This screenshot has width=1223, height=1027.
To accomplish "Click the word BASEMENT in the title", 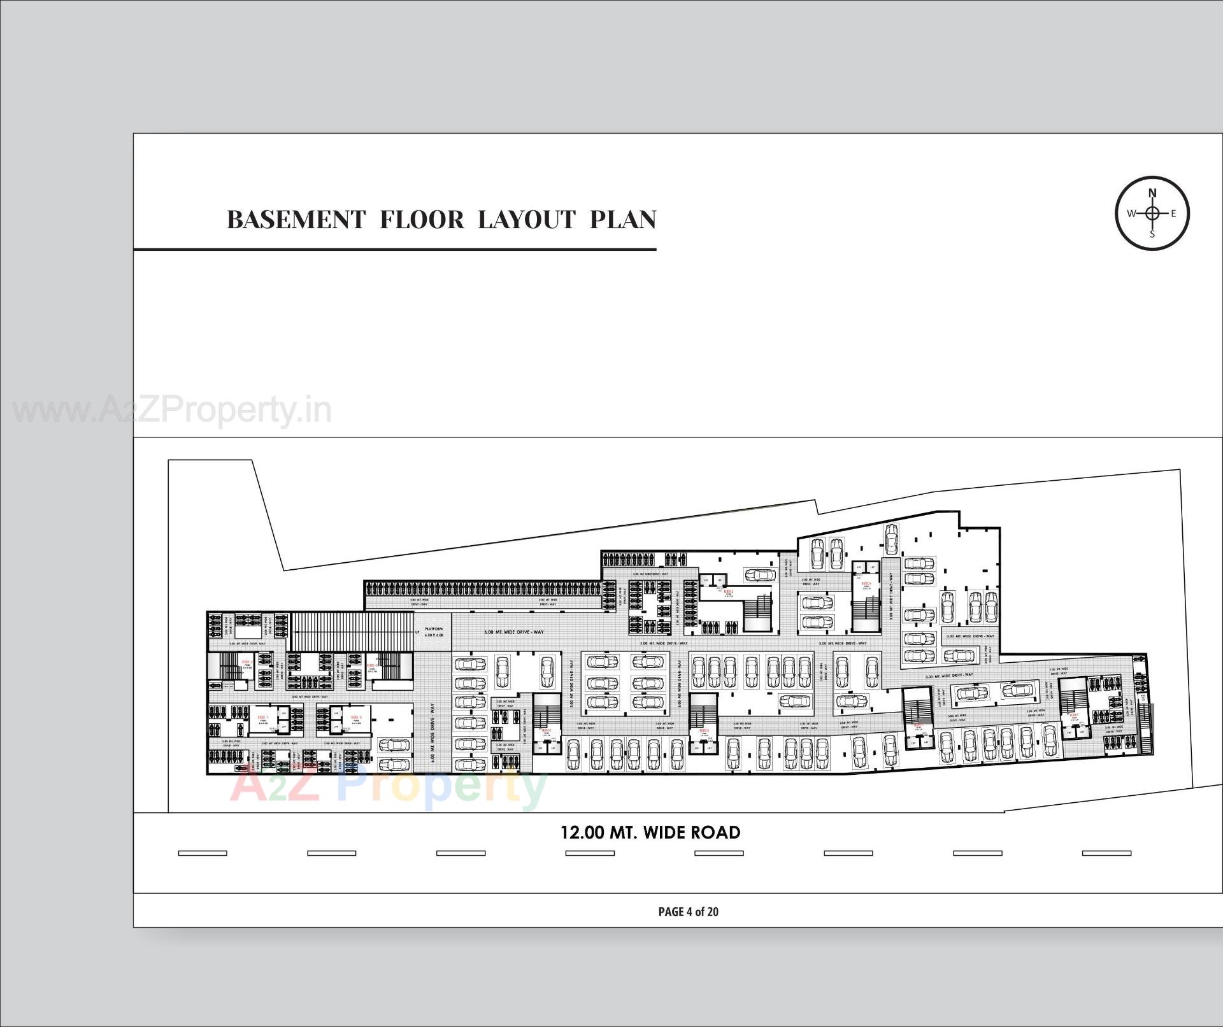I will [296, 220].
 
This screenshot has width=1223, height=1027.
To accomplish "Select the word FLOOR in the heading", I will [422, 220].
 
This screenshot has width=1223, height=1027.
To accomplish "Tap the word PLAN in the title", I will [622, 220].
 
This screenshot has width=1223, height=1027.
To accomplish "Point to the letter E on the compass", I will [1173, 213].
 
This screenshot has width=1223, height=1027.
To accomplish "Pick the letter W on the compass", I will [1131, 213].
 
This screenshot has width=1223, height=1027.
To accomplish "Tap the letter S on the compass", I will [1152, 234].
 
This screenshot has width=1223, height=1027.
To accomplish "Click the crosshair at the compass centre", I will [1152, 213].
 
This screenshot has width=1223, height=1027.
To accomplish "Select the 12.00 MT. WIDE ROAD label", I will [650, 833].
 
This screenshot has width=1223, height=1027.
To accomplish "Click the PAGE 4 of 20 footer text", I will [688, 912].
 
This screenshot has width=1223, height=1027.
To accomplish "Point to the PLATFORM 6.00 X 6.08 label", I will [434, 632].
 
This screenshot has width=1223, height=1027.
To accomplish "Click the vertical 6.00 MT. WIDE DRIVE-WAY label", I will [433, 733].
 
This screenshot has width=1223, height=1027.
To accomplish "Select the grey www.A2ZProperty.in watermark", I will [172, 411].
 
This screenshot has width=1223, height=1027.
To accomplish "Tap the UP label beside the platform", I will [417, 632].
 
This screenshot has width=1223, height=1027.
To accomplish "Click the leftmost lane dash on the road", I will [203, 853].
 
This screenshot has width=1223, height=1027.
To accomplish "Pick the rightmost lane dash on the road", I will [1106, 853].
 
